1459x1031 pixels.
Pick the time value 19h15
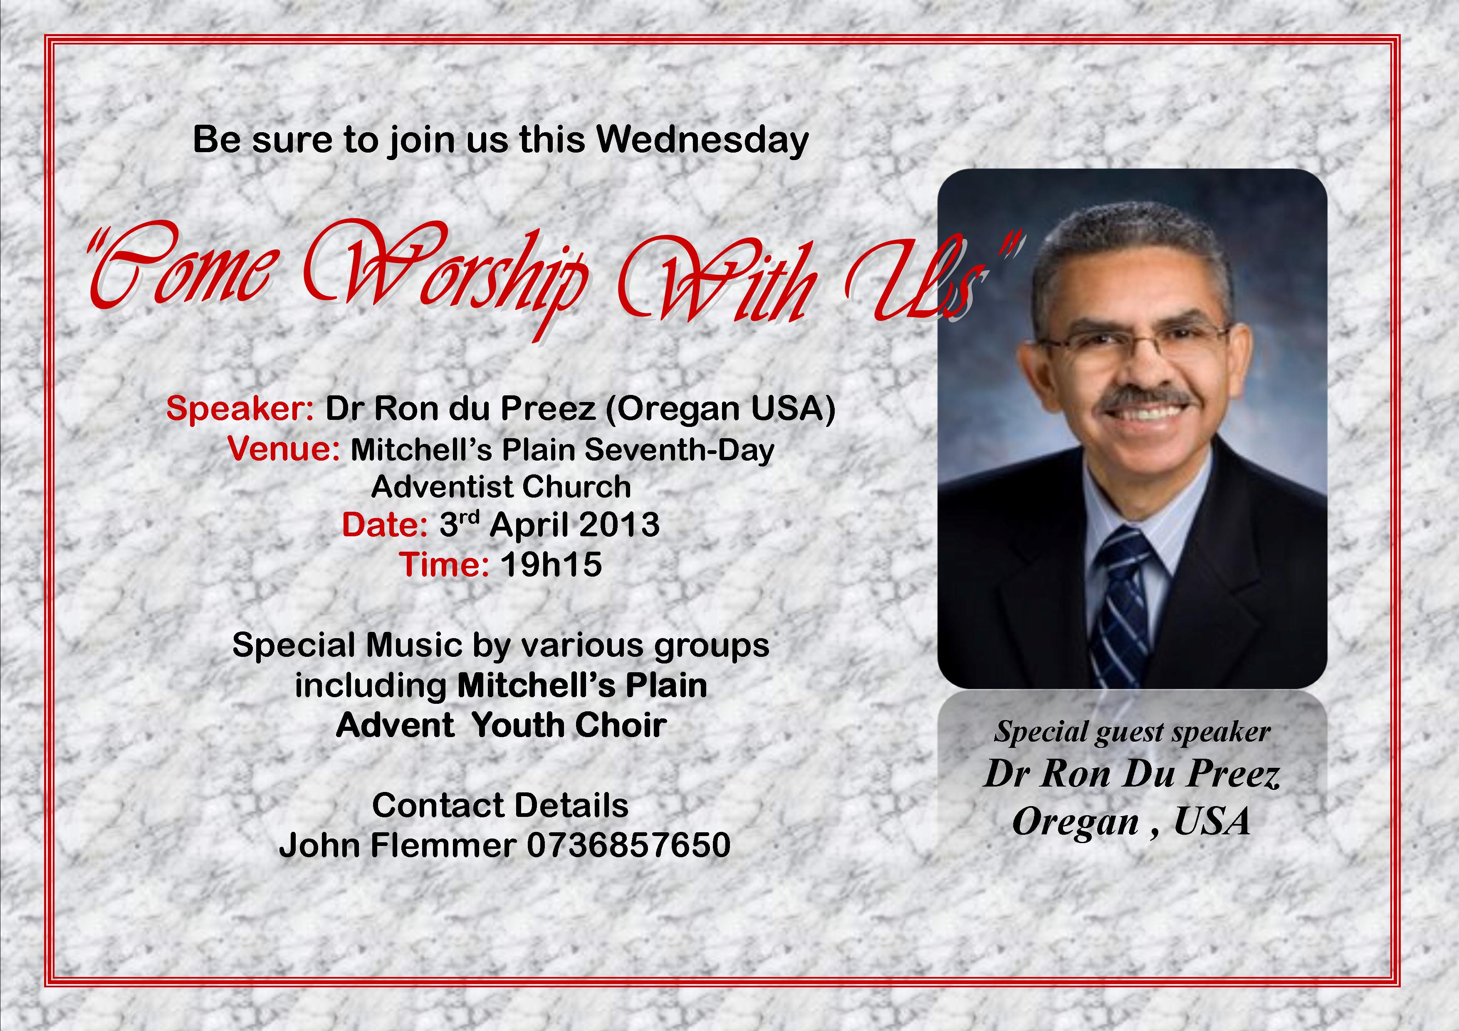[x=551, y=565]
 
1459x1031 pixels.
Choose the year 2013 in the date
[x=619, y=525]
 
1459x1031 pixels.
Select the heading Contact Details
[x=501, y=806]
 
